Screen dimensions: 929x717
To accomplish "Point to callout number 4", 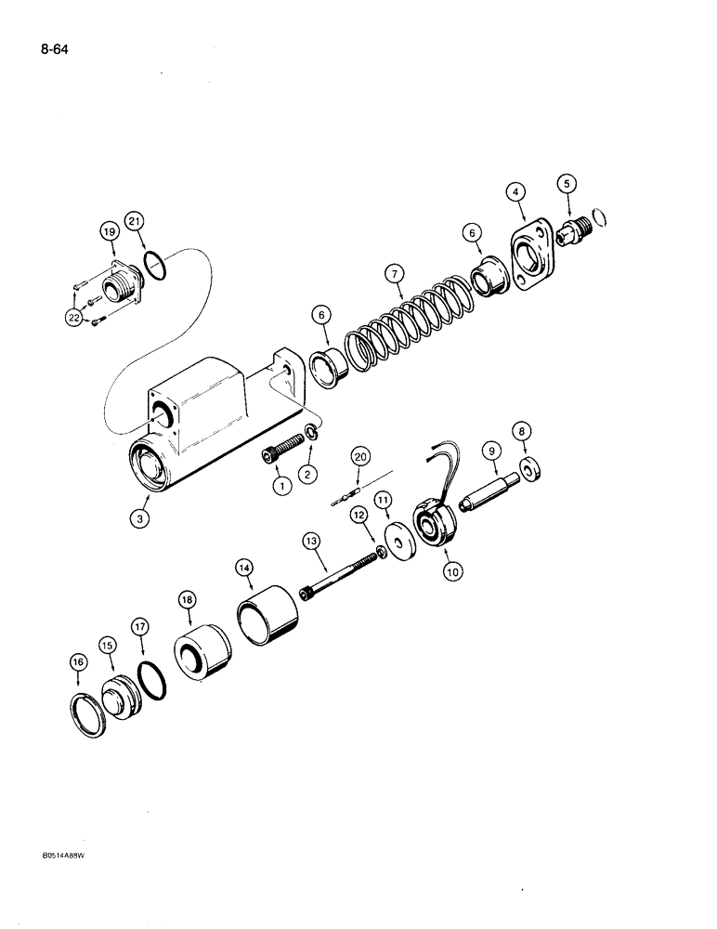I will [x=517, y=192].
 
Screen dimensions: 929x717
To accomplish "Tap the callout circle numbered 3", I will [x=139, y=519].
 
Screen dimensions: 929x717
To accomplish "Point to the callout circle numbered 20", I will [x=360, y=455].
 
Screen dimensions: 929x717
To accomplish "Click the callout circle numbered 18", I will [x=189, y=601].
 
